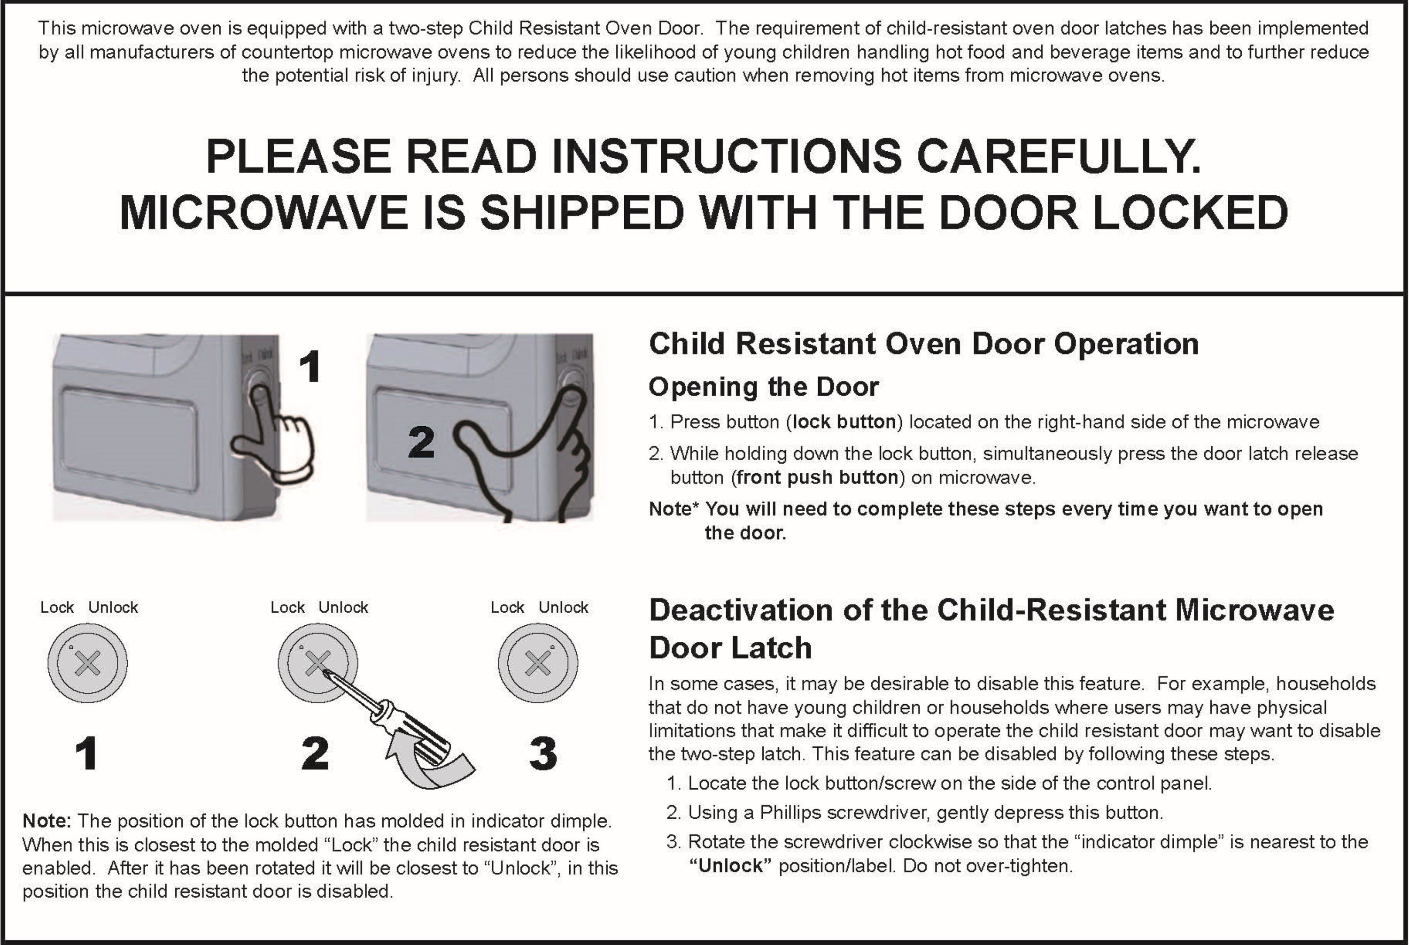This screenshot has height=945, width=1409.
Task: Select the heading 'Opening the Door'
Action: click(x=763, y=387)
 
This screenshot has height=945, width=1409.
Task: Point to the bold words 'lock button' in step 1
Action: click(x=844, y=422)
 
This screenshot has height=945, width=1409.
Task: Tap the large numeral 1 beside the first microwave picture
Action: click(x=310, y=367)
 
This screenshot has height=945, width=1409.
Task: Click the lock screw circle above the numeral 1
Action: click(x=88, y=663)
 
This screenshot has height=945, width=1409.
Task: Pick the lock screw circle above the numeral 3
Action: click(x=538, y=663)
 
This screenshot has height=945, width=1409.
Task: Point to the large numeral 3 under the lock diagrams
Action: click(x=542, y=753)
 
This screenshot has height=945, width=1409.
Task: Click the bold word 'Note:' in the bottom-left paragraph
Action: click(x=47, y=821)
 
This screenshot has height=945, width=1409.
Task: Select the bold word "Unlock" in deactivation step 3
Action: click(x=730, y=866)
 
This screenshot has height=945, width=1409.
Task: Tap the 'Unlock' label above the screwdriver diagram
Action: click(x=343, y=607)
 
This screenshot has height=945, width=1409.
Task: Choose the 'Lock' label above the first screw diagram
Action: click(x=57, y=607)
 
